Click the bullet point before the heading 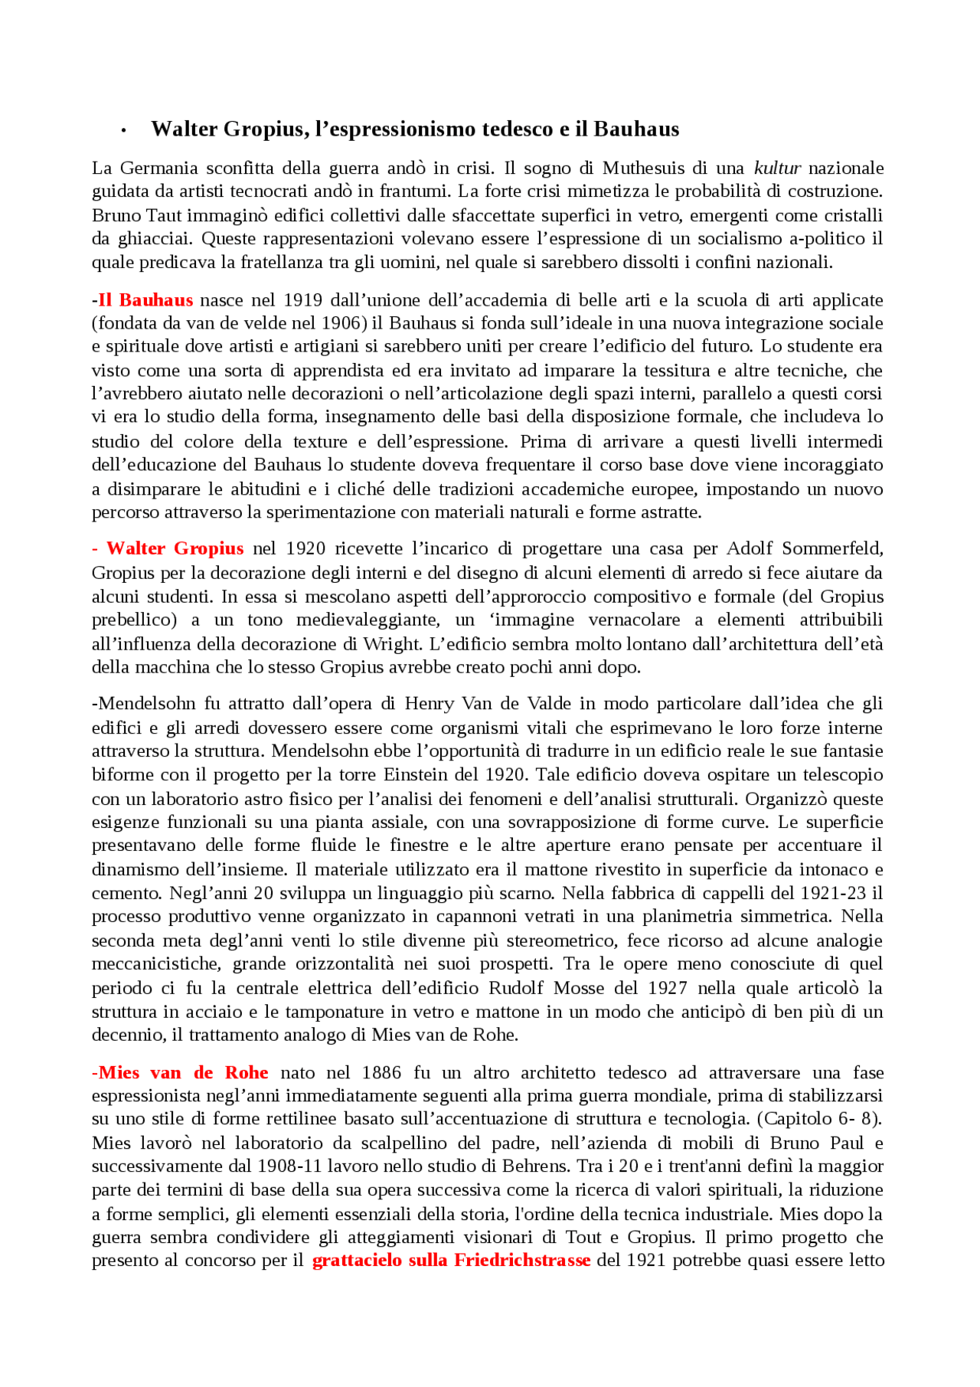(123, 132)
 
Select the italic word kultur (777, 168)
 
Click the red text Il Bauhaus (145, 299)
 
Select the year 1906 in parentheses (340, 323)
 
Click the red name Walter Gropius (175, 548)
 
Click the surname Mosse (579, 988)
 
